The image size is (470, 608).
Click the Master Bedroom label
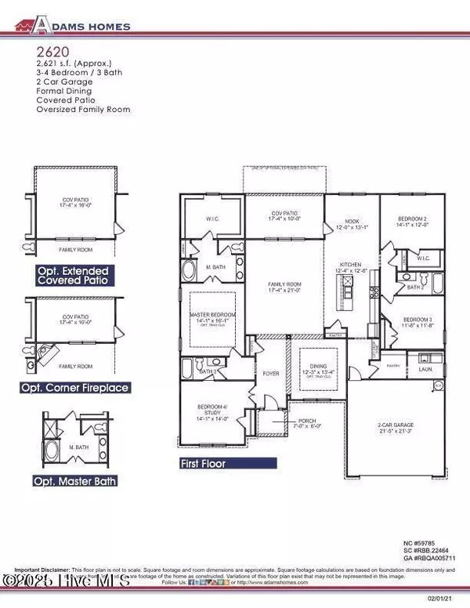[x=208, y=318]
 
